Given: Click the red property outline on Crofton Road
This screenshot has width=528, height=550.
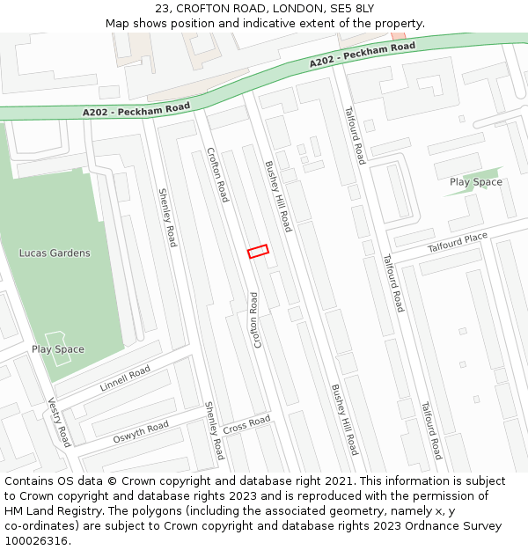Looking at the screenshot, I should point(257,252).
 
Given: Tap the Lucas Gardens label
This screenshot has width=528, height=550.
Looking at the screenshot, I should point(55,253).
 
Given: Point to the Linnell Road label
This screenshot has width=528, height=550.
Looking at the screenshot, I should point(125,378).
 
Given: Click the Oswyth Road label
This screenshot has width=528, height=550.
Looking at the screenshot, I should point(140,433).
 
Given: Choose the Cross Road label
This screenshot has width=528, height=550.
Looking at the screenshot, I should point(246,426).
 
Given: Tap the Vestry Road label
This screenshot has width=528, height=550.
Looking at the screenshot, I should point(58,422).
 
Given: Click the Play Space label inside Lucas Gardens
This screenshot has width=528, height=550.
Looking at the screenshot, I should point(58,349).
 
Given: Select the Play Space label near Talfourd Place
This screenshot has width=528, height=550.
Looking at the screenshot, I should point(476,182).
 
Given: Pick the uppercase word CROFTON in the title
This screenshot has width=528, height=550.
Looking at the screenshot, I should point(206,8).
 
